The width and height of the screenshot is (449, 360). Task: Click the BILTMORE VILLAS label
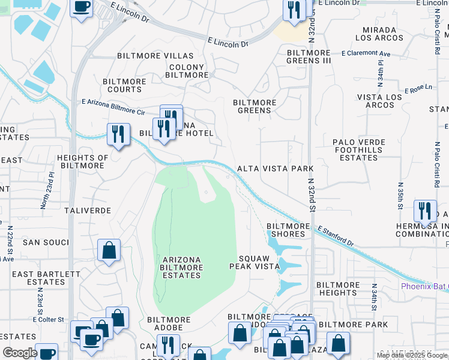click(x=146, y=56)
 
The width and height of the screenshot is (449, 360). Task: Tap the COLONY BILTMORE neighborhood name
click(x=186, y=71)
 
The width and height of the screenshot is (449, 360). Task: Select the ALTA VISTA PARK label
click(x=276, y=169)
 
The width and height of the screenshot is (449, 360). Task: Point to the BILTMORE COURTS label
click(x=124, y=85)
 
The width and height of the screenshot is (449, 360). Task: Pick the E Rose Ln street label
click(x=418, y=89)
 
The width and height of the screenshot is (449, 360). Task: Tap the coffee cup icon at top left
click(x=82, y=7)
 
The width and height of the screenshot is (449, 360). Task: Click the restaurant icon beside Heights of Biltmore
click(x=118, y=133)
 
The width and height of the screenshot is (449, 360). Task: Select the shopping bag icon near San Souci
click(x=109, y=250)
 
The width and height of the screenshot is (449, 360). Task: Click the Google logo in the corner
click(x=20, y=352)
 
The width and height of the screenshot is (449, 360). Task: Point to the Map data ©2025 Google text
click(x=412, y=355)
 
